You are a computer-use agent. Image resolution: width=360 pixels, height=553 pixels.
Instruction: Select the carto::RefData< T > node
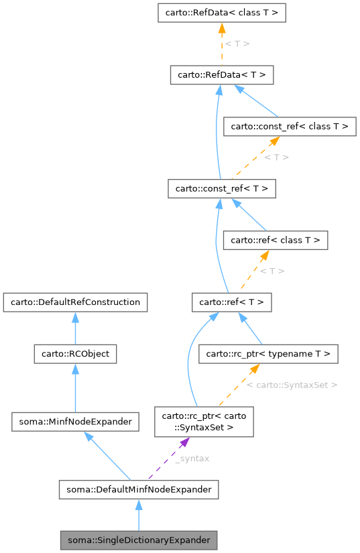(221, 75)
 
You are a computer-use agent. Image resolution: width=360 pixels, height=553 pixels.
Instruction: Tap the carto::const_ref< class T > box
(289, 126)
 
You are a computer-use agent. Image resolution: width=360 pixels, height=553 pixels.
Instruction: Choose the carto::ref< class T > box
(275, 240)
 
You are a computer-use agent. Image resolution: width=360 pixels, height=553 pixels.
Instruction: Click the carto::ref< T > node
(231, 302)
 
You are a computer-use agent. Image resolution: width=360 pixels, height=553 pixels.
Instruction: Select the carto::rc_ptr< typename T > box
(268, 353)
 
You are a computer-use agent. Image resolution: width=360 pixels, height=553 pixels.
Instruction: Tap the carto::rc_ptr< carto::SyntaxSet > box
(204, 421)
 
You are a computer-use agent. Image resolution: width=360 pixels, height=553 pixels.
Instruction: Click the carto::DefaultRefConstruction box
(75, 302)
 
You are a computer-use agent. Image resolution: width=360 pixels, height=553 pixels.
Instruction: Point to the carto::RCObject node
(75, 353)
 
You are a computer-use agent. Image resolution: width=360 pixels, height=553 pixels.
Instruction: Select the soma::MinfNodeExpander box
(75, 421)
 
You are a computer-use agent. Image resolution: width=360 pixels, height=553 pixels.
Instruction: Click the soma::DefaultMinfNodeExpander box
(138, 489)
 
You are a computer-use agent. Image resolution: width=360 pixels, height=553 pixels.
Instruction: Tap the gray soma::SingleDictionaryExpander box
(138, 540)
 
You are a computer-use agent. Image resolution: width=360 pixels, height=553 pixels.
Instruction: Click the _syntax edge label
(192, 458)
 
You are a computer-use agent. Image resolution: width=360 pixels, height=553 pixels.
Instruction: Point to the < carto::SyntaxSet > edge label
(292, 385)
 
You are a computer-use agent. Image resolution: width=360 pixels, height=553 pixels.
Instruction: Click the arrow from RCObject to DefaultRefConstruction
(75, 328)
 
